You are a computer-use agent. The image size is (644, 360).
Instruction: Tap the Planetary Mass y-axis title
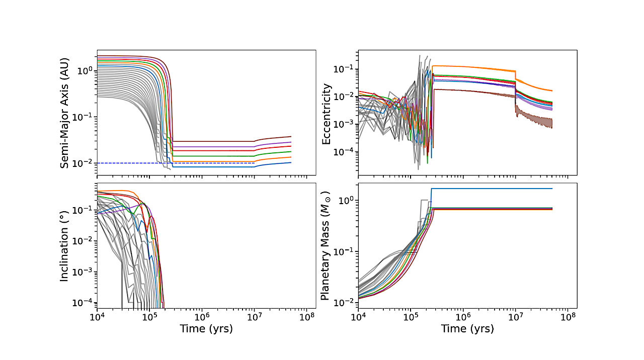tap(326, 245)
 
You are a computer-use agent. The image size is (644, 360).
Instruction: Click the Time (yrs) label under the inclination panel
tap(206, 329)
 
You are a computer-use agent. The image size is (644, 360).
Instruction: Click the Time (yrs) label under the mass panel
tap(467, 329)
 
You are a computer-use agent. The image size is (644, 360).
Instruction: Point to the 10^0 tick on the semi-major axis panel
tap(86, 71)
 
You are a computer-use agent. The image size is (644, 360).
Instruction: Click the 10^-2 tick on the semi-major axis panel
tap(85, 163)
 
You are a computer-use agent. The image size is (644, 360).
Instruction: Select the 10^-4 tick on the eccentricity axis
tap(346, 152)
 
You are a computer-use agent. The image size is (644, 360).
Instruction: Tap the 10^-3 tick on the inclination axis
tap(85, 272)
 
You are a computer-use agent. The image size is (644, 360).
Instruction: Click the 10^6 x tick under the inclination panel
tap(202, 317)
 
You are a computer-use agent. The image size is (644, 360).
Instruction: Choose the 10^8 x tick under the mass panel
tap(568, 317)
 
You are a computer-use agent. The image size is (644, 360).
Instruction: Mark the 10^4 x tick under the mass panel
tap(358, 317)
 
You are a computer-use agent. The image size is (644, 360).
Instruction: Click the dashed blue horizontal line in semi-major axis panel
tap(201, 163)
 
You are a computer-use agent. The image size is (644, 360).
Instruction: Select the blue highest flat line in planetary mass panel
tap(493, 189)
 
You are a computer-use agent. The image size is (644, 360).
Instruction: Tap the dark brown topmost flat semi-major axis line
tap(211, 141)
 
